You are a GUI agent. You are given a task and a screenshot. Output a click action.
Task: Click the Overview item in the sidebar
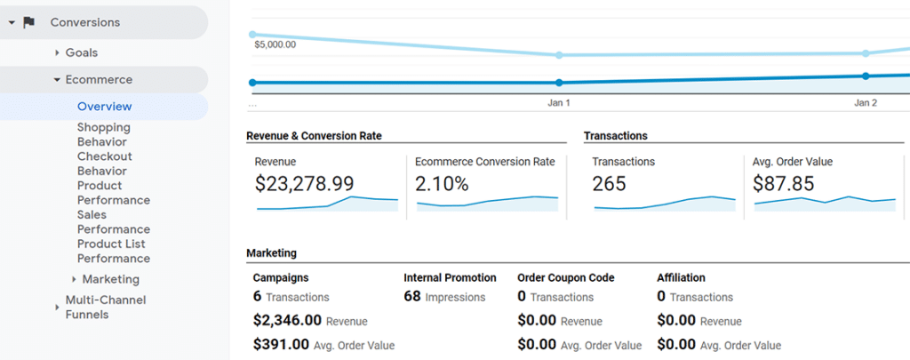click(104, 107)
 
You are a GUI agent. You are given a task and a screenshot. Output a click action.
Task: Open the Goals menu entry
click(81, 53)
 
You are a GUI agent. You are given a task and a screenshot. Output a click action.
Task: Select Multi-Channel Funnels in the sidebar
click(105, 307)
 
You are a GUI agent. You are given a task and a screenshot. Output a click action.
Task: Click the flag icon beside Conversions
click(29, 22)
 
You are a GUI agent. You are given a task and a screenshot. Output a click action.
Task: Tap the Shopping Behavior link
click(103, 134)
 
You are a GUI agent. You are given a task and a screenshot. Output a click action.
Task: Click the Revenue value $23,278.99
click(304, 184)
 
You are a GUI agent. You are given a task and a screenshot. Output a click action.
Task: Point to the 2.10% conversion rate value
click(443, 184)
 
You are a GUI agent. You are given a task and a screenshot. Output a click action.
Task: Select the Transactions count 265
click(609, 184)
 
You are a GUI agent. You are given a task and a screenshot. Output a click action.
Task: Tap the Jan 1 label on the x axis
click(558, 103)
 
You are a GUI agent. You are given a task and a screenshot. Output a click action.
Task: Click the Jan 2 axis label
click(865, 103)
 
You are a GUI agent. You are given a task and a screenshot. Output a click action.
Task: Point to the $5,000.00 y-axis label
click(275, 44)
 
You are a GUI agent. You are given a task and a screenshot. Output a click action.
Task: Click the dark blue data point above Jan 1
click(559, 83)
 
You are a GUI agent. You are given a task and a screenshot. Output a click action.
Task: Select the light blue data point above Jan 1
click(559, 55)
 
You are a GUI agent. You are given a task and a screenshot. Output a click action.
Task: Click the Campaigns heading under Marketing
click(281, 277)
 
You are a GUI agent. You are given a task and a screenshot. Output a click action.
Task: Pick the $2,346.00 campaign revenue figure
click(287, 321)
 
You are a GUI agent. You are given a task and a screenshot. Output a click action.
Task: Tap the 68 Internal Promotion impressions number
click(411, 297)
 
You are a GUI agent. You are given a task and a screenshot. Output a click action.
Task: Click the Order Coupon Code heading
click(565, 277)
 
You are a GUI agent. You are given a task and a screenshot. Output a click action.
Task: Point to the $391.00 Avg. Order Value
click(281, 345)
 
